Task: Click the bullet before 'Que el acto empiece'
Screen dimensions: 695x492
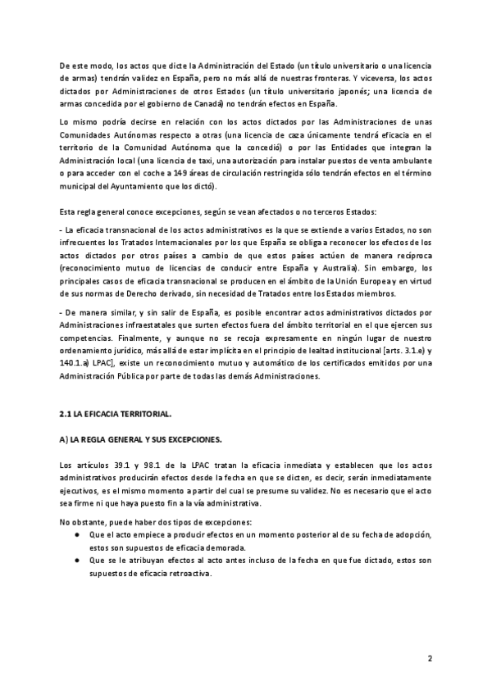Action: [75, 534]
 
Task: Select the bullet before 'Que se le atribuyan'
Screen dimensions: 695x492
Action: [75, 560]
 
